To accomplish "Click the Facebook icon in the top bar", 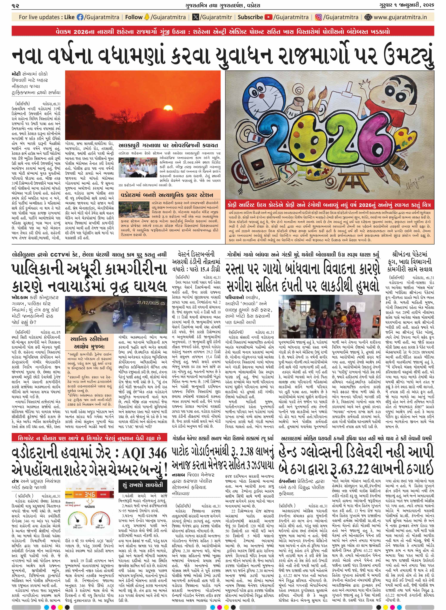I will click(x=80, y=17).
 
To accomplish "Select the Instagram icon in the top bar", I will click(x=319, y=17).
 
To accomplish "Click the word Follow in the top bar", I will click(x=134, y=17).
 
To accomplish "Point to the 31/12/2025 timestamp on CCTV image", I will click(x=148, y=302).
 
